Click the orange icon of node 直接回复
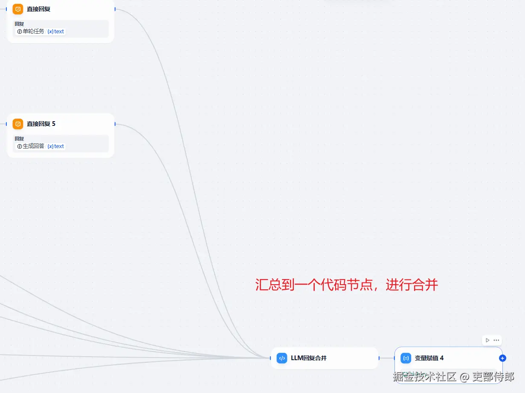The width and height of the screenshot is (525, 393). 18,9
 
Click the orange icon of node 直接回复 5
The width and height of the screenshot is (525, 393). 18,124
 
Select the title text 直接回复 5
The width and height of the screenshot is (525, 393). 41,124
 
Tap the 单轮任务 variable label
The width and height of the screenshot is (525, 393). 33,32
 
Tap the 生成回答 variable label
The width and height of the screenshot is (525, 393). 33,146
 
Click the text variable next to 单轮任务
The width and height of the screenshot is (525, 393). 56,32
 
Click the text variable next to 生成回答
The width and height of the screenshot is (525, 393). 56,146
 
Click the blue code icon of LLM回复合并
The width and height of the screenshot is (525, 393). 282,358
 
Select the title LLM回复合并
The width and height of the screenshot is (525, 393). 309,358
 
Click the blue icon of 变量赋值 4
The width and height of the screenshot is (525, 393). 406,358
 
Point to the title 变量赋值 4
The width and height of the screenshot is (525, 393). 429,358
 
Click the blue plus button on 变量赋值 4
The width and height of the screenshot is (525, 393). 502,358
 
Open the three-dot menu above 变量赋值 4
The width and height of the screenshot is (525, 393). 496,340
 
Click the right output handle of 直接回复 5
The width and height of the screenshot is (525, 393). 115,124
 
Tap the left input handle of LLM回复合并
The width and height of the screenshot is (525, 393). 271,358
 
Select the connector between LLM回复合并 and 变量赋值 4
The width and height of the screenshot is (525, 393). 386,358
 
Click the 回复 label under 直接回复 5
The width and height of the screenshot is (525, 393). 19,139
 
